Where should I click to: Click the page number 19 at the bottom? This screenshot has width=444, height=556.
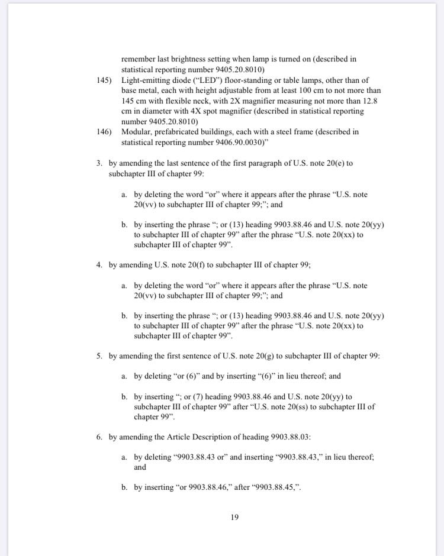234,517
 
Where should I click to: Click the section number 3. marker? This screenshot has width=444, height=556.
100,163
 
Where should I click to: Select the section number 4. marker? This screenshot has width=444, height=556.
100,264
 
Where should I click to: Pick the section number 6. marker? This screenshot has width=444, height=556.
100,437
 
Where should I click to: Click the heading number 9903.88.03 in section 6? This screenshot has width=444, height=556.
291,437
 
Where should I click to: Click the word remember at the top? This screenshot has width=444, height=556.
140,59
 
